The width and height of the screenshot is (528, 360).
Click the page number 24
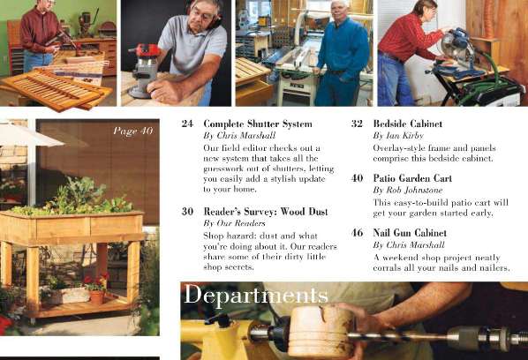pos(187,124)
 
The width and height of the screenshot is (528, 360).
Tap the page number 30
pos(187,212)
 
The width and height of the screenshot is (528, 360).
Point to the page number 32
pos(357,124)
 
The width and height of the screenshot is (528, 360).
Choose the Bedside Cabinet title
pos(407,124)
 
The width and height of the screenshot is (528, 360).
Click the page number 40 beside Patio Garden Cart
pos(357,178)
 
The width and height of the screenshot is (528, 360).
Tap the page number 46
pos(357,233)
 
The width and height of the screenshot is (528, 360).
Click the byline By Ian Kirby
pos(391,136)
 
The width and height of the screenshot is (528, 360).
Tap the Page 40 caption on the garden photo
pos(132,131)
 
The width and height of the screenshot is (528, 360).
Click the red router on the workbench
pos(144,67)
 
